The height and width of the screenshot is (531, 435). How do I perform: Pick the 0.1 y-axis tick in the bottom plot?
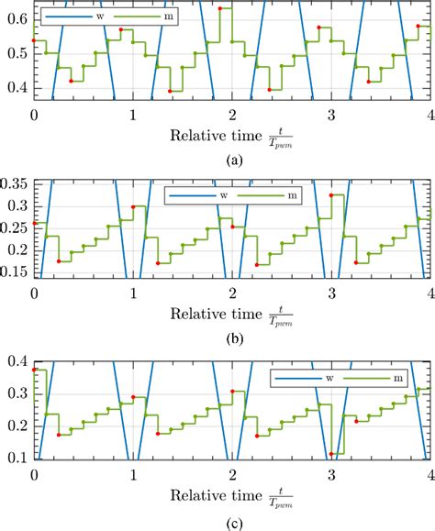[16, 456]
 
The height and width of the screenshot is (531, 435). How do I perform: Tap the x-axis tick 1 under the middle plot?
[133, 293]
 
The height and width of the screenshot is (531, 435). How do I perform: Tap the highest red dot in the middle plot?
[331, 195]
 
